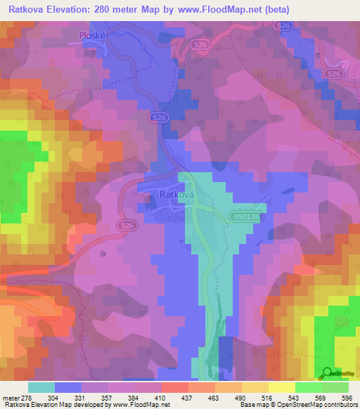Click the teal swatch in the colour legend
click(41, 387)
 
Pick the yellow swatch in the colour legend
click(281, 387)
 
